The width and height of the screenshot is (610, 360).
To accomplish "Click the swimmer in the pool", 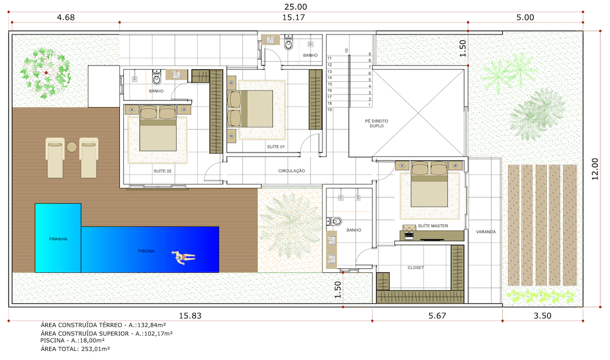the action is click(183, 257).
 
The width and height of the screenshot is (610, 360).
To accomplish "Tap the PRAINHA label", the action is click(58, 239).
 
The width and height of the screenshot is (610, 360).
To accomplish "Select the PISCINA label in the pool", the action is click(146, 251).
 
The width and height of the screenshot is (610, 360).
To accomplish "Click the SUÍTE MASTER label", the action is click(433, 225).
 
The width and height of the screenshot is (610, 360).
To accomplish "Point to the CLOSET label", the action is click(416, 268).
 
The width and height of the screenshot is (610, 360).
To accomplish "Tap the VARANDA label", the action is click(486, 232).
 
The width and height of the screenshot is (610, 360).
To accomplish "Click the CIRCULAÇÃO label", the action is click(292, 171).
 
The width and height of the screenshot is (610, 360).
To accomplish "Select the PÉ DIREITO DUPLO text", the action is click(377, 123).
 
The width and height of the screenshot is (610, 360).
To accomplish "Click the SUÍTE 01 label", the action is click(276, 147).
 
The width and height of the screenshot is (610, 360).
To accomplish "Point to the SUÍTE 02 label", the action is click(163, 171).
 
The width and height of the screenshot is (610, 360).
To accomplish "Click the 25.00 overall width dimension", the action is click(295, 7).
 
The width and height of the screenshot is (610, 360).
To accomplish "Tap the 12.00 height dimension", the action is click(595, 169).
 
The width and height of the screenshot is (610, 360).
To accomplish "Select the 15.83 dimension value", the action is click(190, 315).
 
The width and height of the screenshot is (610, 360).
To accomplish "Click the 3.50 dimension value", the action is click(542, 315).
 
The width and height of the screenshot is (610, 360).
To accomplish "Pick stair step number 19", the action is click(329, 110).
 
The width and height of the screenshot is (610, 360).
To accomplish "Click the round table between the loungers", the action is click(72, 147).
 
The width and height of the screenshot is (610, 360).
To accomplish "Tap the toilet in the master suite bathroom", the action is click(334, 222).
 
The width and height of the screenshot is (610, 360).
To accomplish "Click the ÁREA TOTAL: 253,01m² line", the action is click(75, 349).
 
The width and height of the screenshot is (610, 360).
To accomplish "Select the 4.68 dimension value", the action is click(66, 17).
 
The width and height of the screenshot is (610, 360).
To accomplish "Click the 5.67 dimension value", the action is click(437, 315).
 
